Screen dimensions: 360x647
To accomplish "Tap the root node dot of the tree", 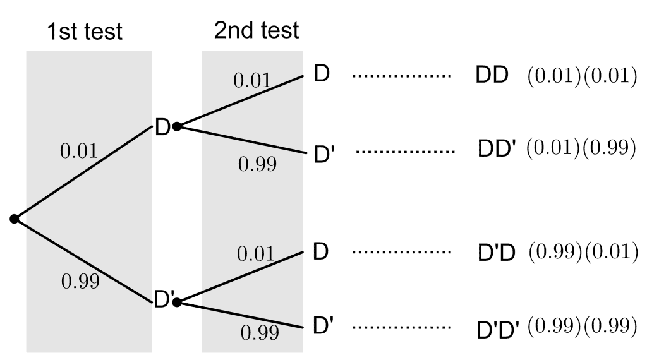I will (15, 219).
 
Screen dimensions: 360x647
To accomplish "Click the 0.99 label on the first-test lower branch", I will (80, 282).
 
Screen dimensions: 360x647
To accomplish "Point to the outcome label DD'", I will (497, 150).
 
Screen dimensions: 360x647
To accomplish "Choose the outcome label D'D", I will (497, 253).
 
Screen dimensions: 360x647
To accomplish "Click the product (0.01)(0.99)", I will (577, 148).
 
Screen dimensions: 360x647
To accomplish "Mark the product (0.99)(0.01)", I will (577, 252).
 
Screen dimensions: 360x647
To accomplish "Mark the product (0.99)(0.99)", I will (577, 327).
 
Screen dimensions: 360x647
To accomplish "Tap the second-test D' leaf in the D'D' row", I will (323, 327).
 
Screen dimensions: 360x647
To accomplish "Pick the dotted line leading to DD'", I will (405, 152).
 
